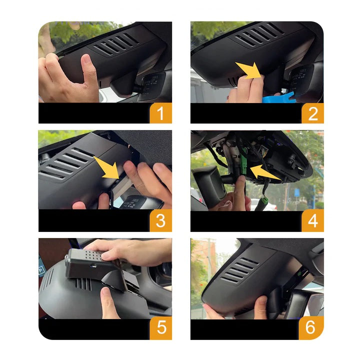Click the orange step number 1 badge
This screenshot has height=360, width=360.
tap(160, 113)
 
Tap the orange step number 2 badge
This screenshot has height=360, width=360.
tap(312, 113)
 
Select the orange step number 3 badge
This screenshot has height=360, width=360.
tap(160, 220)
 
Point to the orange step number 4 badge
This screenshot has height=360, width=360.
tap(312, 220)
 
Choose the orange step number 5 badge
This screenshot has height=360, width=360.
tap(161, 327)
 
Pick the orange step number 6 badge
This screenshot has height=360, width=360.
tap(311, 327)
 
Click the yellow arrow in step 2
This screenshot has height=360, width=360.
tap(249, 70)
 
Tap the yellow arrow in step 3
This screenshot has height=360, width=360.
tap(107, 167)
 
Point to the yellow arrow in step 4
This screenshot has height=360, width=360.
tap(265, 172)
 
